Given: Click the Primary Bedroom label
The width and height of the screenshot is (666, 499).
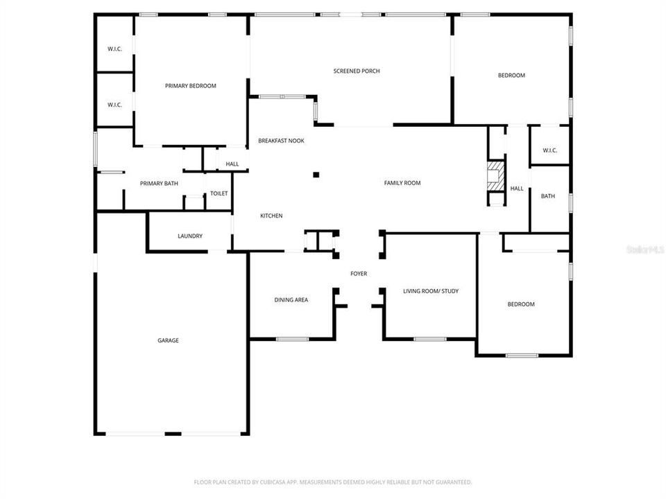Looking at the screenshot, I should [191, 86].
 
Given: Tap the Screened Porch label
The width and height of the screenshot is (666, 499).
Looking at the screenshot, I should [357, 71].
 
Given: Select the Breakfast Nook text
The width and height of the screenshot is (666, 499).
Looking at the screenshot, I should [281, 141].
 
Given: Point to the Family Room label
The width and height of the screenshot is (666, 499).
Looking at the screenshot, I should [402, 183].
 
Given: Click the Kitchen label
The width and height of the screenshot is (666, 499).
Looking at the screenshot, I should [271, 216].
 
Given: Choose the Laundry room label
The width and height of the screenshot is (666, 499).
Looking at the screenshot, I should [190, 236].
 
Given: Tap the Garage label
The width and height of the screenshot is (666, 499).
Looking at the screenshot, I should [168, 340].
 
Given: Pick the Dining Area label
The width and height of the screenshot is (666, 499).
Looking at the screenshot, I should [291, 300].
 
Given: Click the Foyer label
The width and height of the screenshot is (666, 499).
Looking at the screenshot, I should [359, 274].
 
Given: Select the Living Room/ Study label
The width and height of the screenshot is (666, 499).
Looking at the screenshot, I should [431, 291].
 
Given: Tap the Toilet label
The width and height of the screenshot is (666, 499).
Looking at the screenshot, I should [219, 193].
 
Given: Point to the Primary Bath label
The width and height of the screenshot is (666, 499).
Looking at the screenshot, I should [159, 184].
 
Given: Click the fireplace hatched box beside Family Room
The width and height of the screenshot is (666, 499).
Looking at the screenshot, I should [495, 176].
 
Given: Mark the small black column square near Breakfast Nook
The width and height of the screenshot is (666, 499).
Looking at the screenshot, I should [316, 175].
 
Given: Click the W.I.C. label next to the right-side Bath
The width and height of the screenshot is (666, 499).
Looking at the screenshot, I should [550, 150].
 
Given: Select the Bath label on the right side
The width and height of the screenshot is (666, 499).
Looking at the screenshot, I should [548, 196].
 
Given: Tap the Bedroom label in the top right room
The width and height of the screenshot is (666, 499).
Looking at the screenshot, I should [511, 76].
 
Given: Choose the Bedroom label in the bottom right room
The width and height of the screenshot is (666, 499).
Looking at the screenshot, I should [521, 304].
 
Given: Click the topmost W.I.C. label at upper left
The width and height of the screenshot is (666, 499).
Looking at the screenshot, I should [114, 49].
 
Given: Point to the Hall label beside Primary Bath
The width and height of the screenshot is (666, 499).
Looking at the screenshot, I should [232, 164].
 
